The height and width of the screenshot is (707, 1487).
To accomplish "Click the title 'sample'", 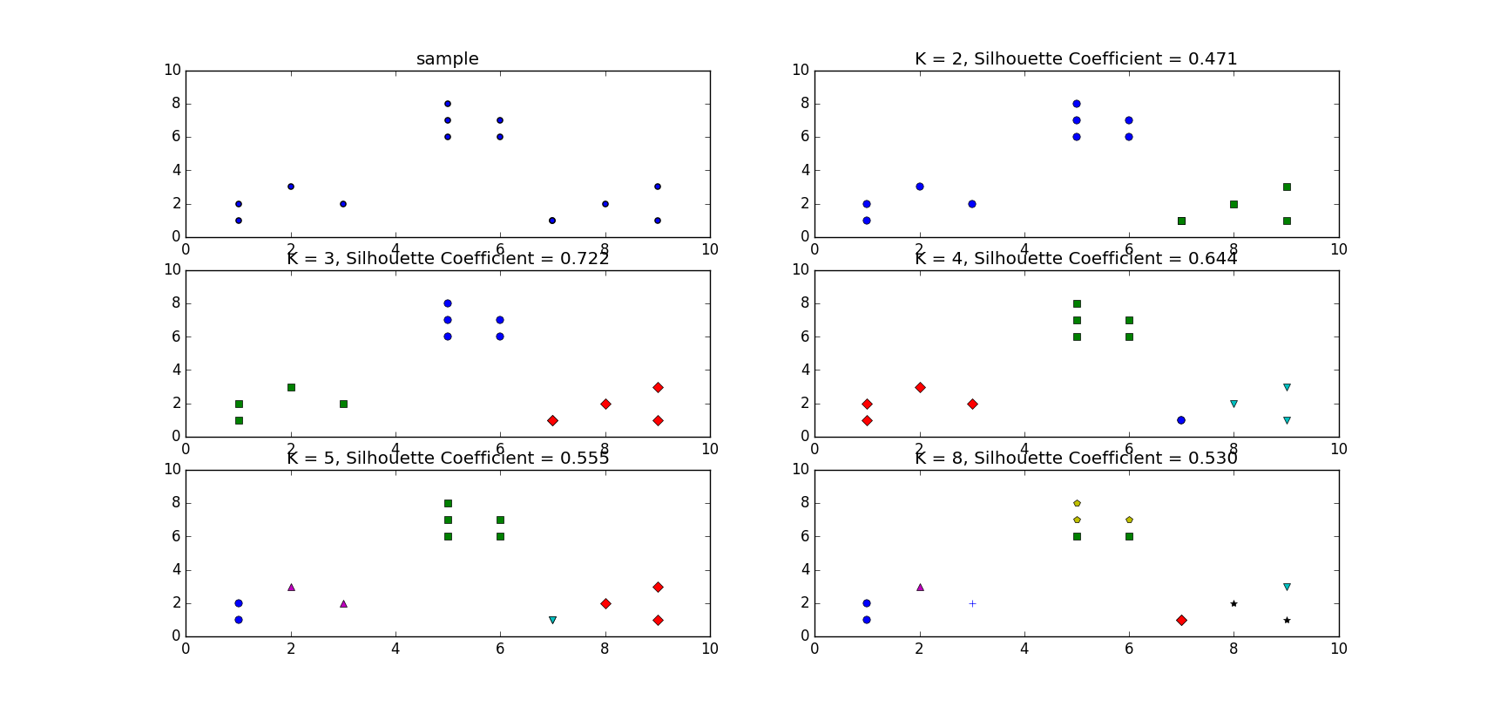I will pyautogui.click(x=447, y=59).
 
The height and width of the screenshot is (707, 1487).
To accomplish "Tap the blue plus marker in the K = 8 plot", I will pyautogui.click(x=972, y=603).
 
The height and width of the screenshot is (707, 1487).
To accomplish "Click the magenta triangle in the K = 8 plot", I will pyautogui.click(x=920, y=587).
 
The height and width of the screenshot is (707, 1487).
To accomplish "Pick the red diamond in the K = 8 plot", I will pyautogui.click(x=1181, y=620).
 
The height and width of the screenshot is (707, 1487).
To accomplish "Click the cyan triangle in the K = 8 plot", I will pyautogui.click(x=1287, y=587).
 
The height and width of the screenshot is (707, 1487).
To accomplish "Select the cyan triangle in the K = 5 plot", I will pyautogui.click(x=552, y=620).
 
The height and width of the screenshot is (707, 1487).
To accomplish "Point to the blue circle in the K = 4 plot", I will pyautogui.click(x=1181, y=420).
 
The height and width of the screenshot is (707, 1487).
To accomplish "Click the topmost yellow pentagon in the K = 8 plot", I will pyautogui.click(x=1077, y=503).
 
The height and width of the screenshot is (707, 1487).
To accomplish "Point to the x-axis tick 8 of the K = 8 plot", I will pyautogui.click(x=1234, y=649).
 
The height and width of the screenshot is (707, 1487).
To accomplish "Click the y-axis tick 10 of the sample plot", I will pyautogui.click(x=172, y=71).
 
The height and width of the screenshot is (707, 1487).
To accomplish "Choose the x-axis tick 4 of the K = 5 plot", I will pyautogui.click(x=395, y=649).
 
